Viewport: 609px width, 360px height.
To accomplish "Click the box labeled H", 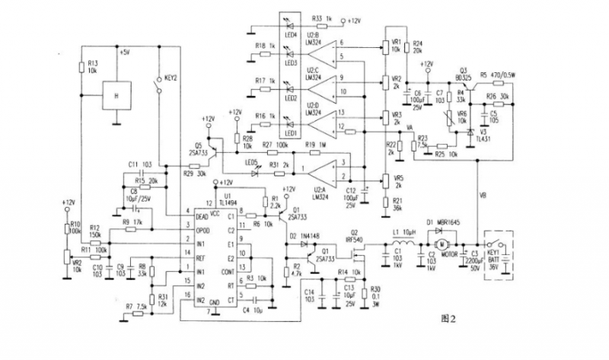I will coord(116,96).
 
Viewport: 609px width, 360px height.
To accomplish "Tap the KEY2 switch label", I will coord(170,78).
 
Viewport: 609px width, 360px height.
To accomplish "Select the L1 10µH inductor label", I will coord(407,230).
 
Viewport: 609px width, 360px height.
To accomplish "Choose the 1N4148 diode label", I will coord(312,237).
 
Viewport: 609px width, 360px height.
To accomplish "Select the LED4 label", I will coord(289,36).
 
